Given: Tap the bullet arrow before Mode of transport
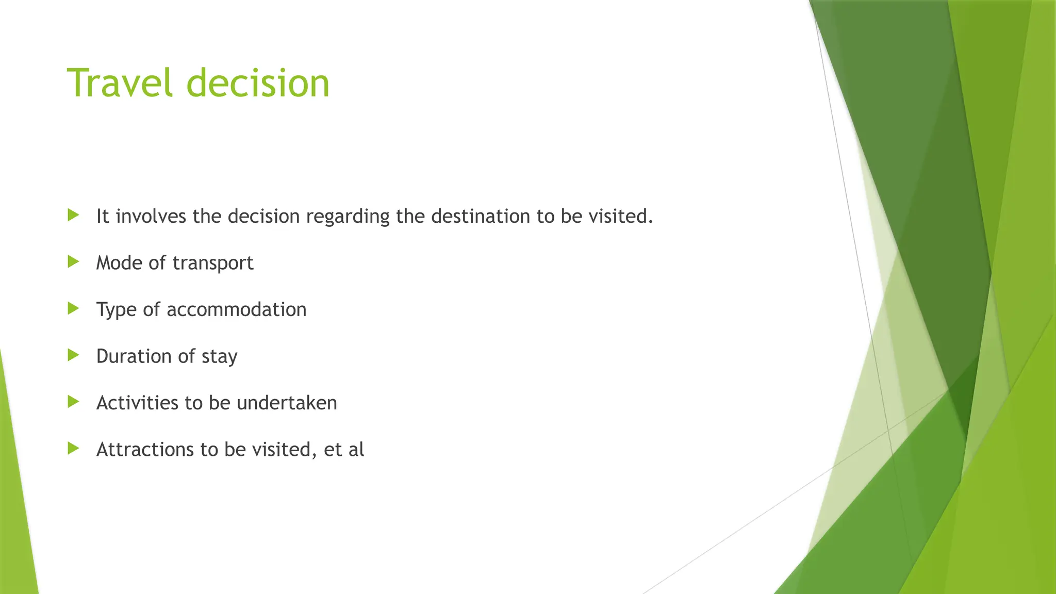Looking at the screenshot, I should point(73,262).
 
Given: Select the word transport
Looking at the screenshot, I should point(213,263).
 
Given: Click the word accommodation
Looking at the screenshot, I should point(236,309).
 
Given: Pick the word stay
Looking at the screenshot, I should point(219,357).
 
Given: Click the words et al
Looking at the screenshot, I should point(344,450).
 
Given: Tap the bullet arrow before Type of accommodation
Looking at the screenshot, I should point(73,308).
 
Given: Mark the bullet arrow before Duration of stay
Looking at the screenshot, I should point(73,355).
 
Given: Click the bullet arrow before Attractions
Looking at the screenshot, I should point(73,448).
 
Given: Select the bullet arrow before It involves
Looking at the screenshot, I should point(73,215).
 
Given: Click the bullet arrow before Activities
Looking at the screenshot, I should point(73,402).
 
